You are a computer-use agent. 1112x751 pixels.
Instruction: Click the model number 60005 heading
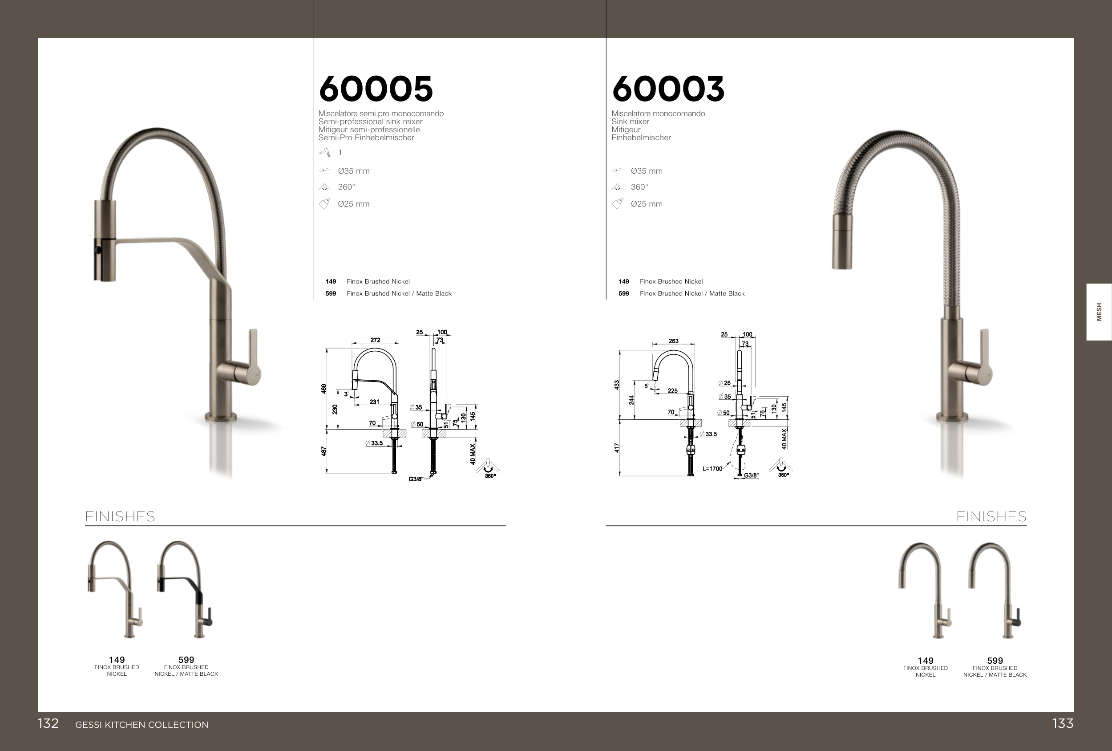pyautogui.click(x=376, y=89)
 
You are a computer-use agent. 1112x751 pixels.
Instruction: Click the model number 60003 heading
pyautogui.click(x=668, y=89)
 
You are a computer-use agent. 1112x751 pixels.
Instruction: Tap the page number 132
pyautogui.click(x=49, y=723)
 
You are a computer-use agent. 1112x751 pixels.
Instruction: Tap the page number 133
pyautogui.click(x=1063, y=723)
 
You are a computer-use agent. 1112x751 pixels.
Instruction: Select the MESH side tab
pyautogui.click(x=1099, y=312)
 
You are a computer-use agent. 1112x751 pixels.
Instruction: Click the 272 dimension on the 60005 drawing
pyautogui.click(x=375, y=340)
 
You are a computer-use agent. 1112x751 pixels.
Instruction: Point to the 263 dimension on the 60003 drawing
pyautogui.click(x=673, y=341)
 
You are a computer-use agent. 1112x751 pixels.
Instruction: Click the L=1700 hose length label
pyautogui.click(x=712, y=469)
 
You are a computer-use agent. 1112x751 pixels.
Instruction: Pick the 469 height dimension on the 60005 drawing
pyautogui.click(x=324, y=389)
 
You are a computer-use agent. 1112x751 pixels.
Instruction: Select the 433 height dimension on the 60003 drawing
pyautogui.click(x=617, y=385)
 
